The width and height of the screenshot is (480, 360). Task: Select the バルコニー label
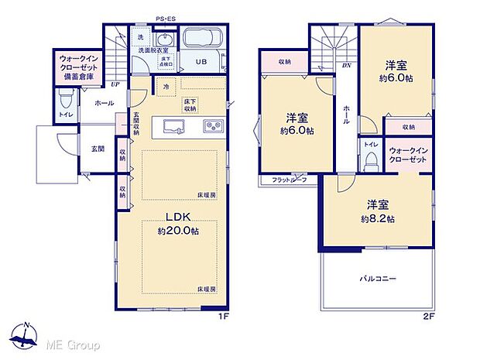pyautogui.click(x=377, y=277)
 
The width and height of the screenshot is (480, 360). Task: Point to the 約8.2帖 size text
pyautogui.click(x=378, y=219)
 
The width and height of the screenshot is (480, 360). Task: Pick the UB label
pyautogui.click(x=201, y=63)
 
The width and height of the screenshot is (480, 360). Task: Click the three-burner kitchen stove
pyautogui.click(x=212, y=126)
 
